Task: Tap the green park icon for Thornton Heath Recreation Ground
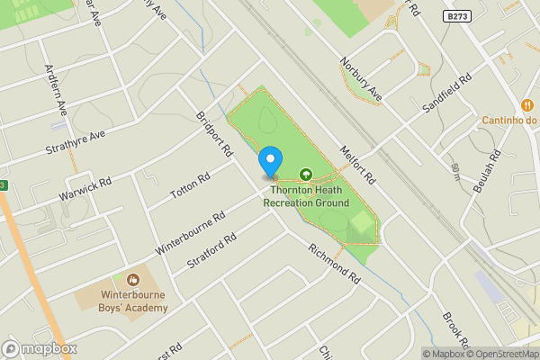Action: click(305, 175)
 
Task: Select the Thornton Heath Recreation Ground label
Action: click(306, 196)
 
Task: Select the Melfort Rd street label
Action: click(355, 165)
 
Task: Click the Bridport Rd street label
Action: click(215, 134)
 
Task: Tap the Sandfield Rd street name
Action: click(446, 94)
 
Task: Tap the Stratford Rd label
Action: click(212, 252)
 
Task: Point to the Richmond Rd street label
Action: click(333, 265)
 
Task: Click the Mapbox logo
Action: click(40, 349)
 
